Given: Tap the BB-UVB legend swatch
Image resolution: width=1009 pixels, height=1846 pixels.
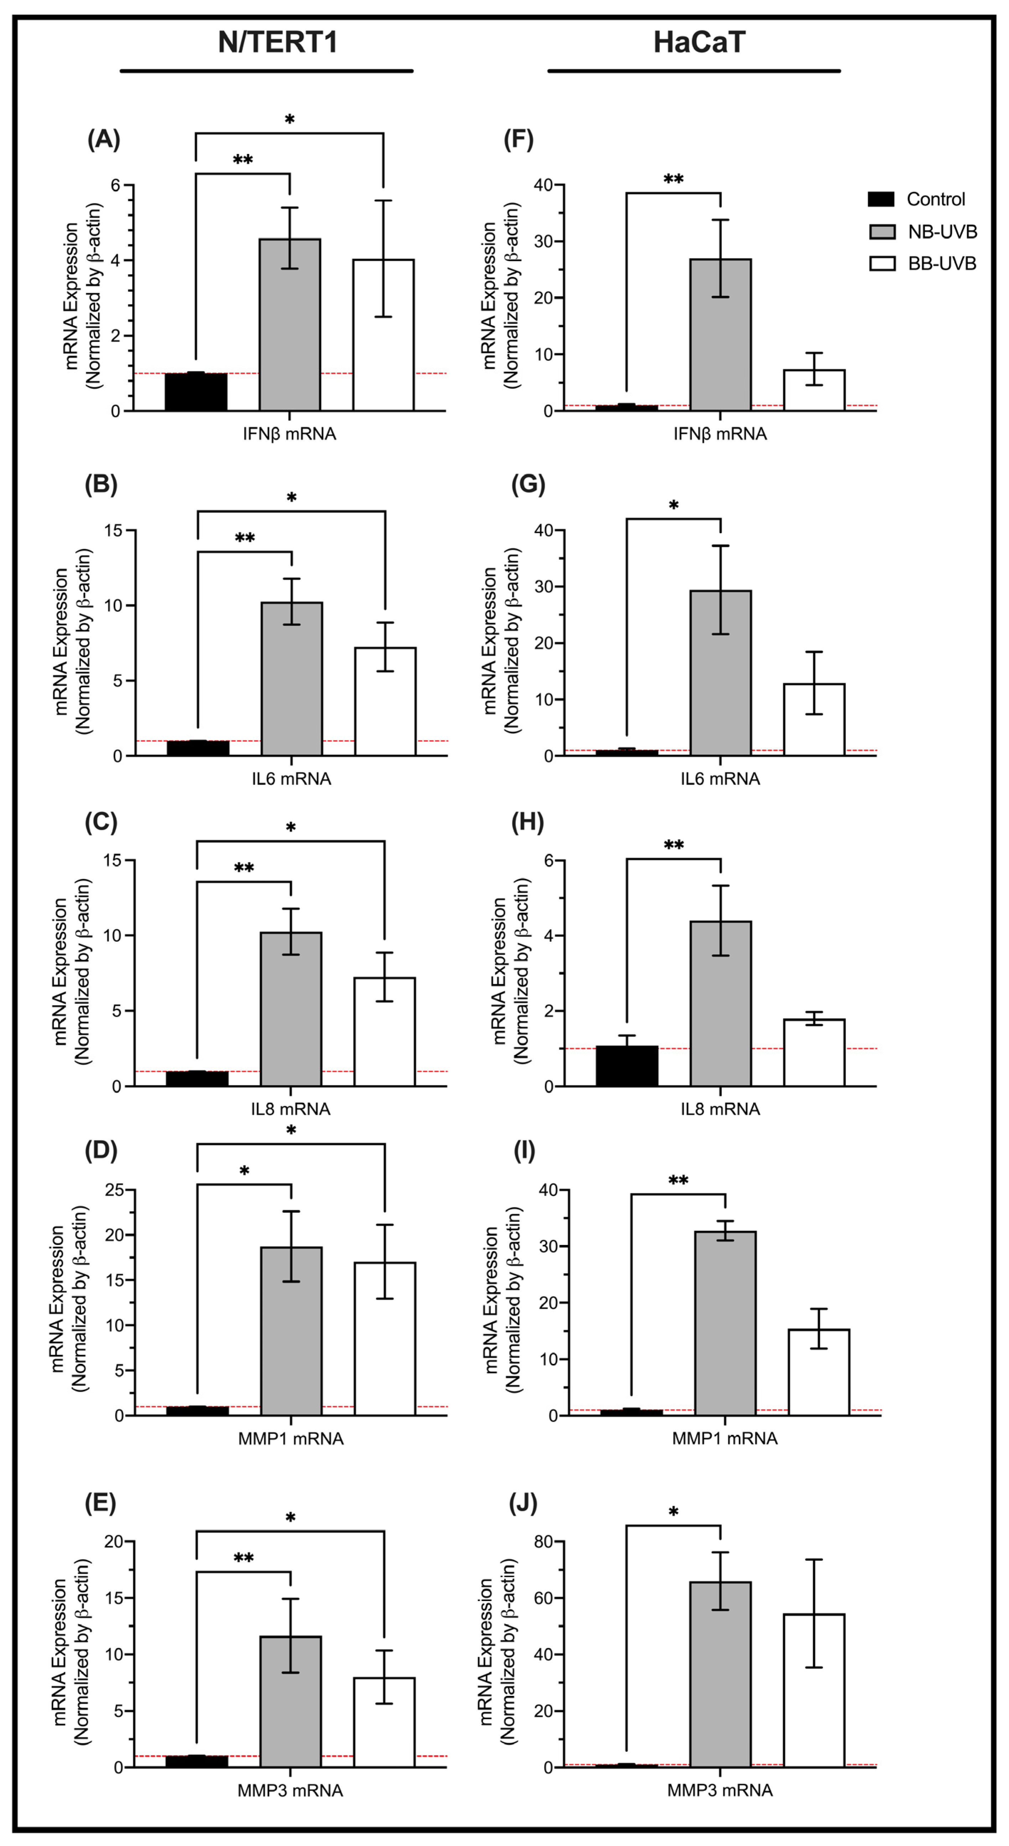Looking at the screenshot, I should [881, 264].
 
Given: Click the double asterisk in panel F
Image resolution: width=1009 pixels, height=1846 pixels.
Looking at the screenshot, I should [673, 179].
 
